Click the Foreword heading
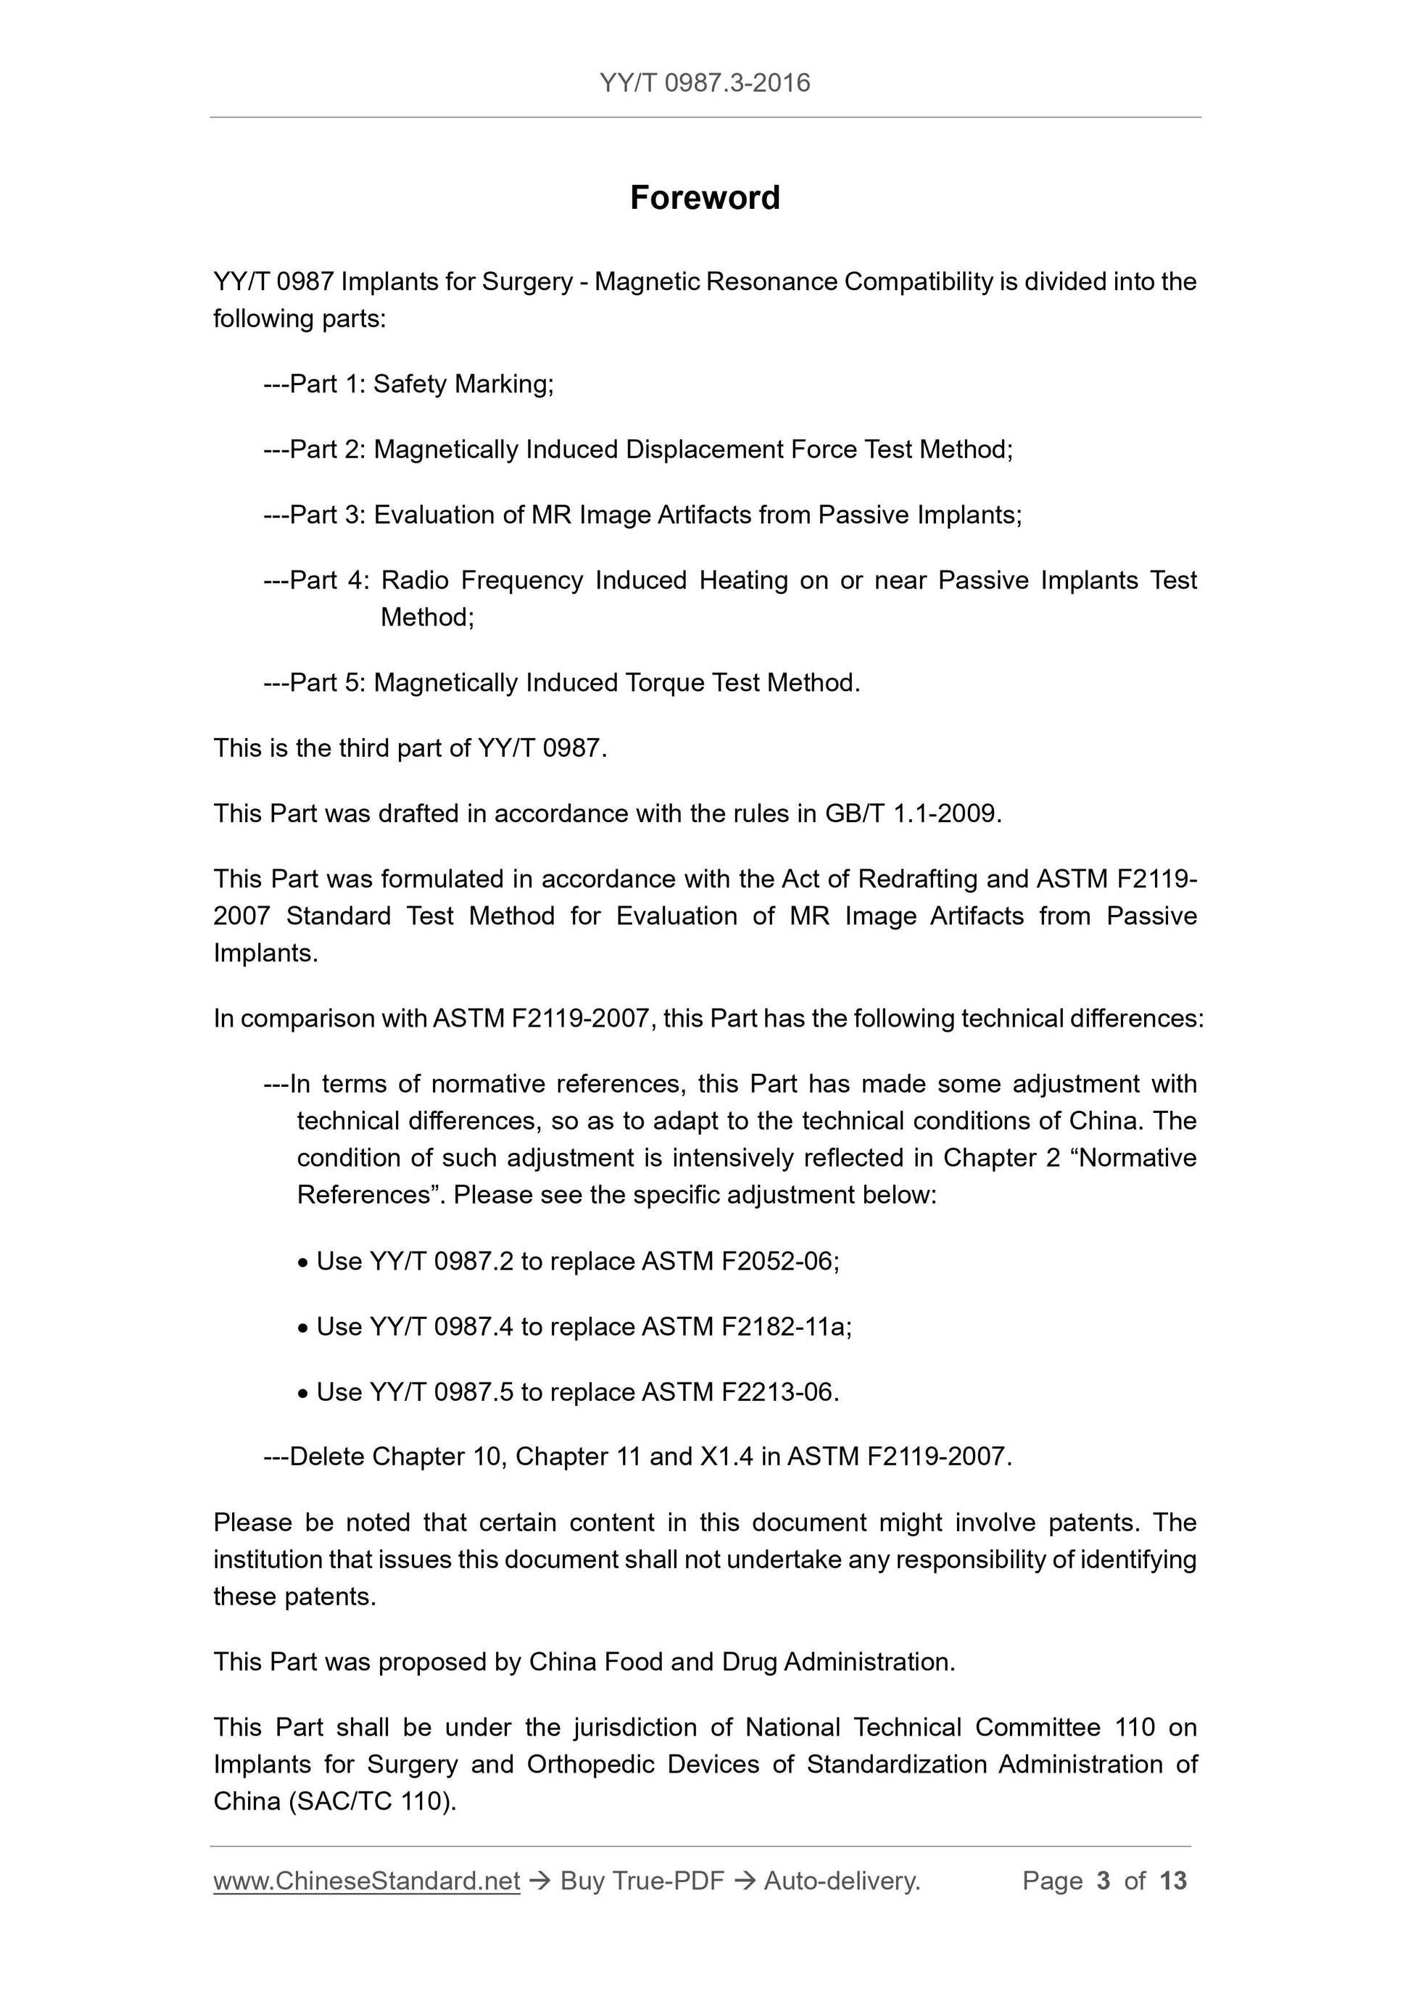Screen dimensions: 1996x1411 click(x=704, y=198)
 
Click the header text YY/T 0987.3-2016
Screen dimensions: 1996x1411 click(x=704, y=83)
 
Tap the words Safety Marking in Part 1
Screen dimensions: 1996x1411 click(x=462, y=384)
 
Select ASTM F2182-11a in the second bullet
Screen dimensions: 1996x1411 click(x=745, y=1327)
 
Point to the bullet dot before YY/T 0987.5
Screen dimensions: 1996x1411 click(x=302, y=1394)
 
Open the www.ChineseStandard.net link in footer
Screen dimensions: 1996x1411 click(x=366, y=1881)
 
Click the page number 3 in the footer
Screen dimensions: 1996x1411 click(x=1104, y=1881)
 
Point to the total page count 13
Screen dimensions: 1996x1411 click(x=1172, y=1881)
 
